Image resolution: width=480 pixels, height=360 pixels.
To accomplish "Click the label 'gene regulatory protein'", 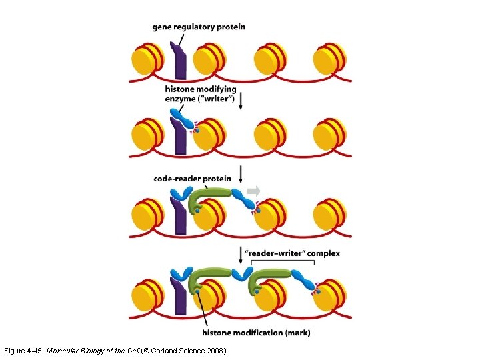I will (x=199, y=27).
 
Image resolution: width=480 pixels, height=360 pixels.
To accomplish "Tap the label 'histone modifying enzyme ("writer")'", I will (x=201, y=94).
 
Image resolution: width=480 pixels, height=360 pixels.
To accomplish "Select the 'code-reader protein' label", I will (x=192, y=179).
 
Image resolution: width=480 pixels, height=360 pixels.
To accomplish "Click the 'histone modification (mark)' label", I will (x=255, y=332).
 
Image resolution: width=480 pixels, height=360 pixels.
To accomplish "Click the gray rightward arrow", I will (x=254, y=191).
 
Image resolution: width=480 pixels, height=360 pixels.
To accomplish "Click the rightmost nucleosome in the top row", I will (x=329, y=59).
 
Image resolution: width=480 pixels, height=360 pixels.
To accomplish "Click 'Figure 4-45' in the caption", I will (x=24, y=351).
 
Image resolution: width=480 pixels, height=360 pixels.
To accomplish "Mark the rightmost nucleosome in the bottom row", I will (x=329, y=295).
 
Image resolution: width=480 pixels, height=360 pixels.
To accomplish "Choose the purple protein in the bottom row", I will (x=179, y=297).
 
